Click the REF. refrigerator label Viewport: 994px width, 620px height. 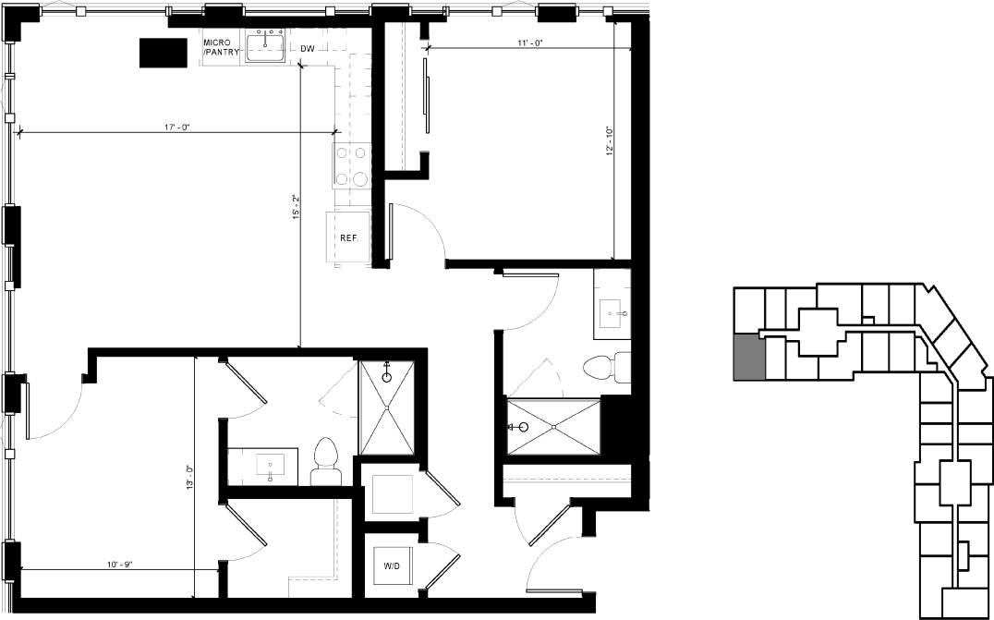[348, 238]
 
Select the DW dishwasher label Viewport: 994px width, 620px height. [308, 48]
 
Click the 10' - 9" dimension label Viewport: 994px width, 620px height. [119, 564]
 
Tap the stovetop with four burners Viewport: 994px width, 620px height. [352, 166]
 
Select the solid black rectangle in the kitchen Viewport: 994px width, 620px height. [162, 53]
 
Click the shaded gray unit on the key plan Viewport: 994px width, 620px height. [749, 358]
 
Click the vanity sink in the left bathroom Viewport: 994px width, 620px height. [271, 465]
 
